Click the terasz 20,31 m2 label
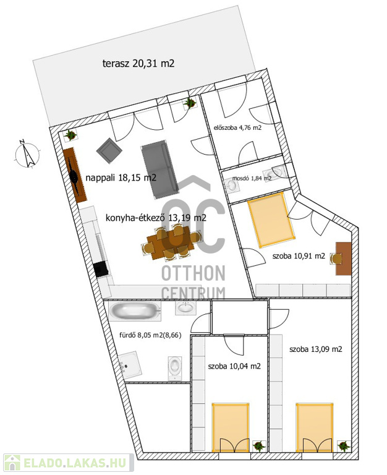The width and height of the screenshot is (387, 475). click(x=138, y=64)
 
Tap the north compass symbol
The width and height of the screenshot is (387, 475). click(x=27, y=154)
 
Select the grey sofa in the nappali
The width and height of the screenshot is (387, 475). click(x=159, y=169)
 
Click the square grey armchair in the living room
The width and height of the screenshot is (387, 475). click(x=109, y=150)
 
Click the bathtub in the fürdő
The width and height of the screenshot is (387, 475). click(x=135, y=311)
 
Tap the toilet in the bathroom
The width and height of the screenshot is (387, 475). click(x=175, y=368)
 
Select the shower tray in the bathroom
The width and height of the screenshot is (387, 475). click(x=130, y=365)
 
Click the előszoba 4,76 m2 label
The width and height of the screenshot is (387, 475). click(x=237, y=127)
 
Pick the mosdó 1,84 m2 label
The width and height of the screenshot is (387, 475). click(x=252, y=178)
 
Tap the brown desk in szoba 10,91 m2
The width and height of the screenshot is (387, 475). click(x=343, y=259)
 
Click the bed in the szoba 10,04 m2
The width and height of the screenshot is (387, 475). click(x=231, y=427)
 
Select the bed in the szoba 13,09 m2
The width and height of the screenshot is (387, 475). click(x=315, y=427)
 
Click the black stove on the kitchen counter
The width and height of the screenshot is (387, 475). click(x=101, y=269)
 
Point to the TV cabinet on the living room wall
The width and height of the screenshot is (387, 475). click(x=75, y=175)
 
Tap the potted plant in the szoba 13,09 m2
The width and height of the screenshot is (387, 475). click(x=344, y=446)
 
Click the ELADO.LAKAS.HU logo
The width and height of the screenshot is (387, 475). click(x=69, y=463)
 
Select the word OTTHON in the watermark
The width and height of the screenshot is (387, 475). click(x=193, y=273)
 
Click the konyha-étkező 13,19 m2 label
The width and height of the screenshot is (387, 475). click(x=156, y=218)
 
